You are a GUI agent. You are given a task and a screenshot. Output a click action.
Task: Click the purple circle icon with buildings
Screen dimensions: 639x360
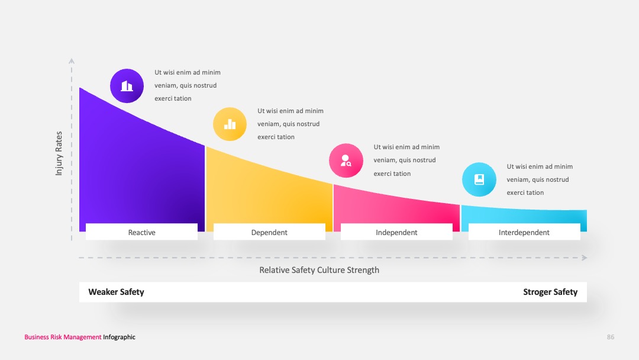click(127, 86)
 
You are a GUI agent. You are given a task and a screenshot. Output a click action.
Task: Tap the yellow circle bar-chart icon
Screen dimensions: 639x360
click(230, 124)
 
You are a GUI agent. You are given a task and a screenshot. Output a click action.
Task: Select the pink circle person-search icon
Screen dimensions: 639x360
click(346, 160)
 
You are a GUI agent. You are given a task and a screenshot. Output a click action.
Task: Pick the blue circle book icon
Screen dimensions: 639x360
click(479, 179)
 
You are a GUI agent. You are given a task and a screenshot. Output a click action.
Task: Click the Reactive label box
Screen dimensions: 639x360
click(142, 232)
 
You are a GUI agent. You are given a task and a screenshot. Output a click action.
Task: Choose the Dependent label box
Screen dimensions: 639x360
click(269, 232)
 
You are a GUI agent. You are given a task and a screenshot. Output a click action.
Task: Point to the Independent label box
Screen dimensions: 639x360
click(396, 232)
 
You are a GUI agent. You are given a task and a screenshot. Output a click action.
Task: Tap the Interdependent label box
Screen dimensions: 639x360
click(524, 232)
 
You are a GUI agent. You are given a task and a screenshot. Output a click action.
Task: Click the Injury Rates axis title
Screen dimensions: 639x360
click(59, 153)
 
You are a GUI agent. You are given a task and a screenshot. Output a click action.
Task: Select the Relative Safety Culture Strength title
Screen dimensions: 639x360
click(319, 270)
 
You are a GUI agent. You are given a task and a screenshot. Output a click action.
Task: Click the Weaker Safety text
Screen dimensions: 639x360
click(116, 292)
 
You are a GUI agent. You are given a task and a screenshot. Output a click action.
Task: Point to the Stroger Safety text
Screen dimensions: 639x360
click(550, 292)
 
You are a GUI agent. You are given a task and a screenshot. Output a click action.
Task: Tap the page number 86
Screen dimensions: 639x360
click(611, 337)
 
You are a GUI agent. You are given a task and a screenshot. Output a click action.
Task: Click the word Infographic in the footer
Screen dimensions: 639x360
click(119, 337)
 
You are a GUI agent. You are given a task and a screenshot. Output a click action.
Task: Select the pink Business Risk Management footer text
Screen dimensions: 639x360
click(63, 337)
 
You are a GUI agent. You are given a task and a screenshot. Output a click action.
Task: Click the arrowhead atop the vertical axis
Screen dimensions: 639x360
click(72, 61)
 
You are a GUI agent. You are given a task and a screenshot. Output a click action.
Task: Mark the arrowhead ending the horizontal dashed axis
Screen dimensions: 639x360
click(585, 258)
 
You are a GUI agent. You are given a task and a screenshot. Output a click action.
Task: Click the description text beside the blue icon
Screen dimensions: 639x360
click(540, 179)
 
